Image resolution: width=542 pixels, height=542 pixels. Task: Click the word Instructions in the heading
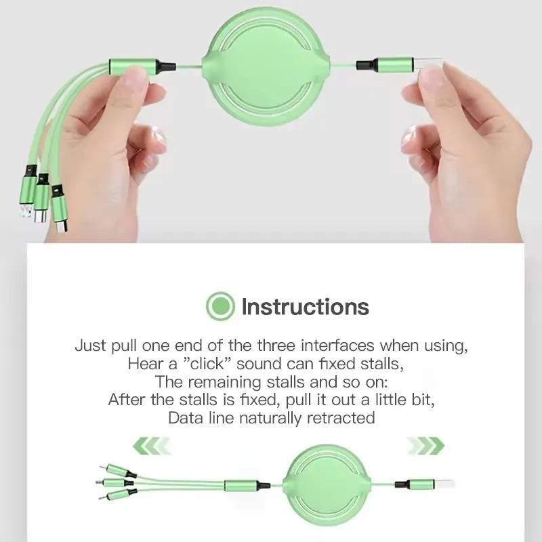(x=305, y=306)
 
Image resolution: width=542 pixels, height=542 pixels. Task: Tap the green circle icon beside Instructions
(x=220, y=306)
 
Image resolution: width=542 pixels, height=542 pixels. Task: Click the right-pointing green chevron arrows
(x=425, y=446)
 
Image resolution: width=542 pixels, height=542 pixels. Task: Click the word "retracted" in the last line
(x=341, y=417)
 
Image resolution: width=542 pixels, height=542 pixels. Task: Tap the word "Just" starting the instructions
(x=90, y=346)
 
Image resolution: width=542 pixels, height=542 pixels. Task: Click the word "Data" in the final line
(x=184, y=417)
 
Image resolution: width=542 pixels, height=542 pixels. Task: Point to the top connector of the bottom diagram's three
(x=112, y=468)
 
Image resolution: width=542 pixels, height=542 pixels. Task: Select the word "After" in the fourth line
(x=127, y=400)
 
